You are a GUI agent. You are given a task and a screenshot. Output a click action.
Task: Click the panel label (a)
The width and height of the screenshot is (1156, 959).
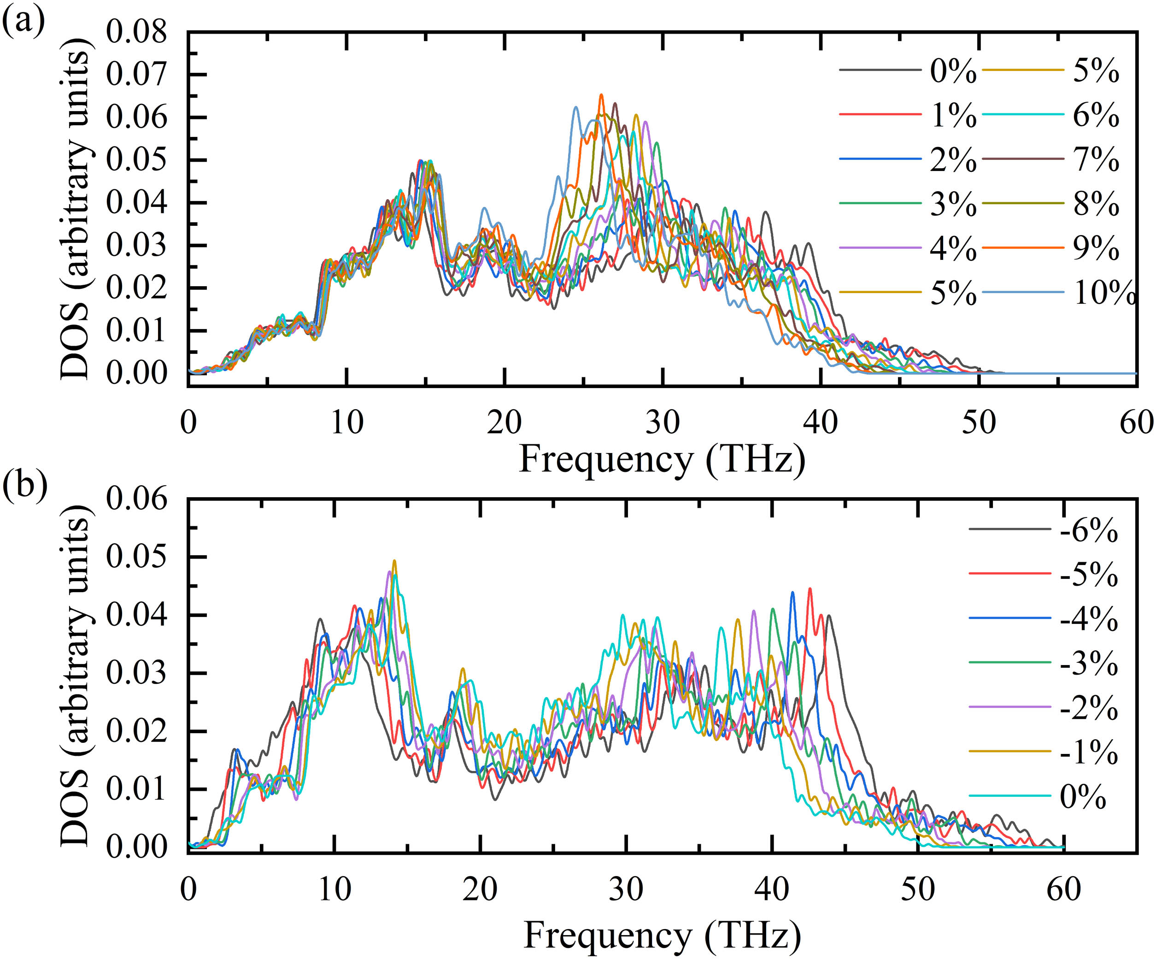[23, 23]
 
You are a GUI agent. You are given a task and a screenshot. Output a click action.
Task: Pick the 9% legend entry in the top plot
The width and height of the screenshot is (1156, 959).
[1096, 248]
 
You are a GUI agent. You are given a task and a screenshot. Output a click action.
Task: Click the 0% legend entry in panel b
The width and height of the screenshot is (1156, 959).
[1082, 797]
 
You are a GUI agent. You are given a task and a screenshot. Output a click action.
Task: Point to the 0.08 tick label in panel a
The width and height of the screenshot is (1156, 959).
[136, 32]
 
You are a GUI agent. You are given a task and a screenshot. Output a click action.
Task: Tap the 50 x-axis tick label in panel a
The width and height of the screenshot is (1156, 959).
[979, 423]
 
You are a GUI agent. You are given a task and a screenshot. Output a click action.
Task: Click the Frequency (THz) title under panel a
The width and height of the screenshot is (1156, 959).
[662, 459]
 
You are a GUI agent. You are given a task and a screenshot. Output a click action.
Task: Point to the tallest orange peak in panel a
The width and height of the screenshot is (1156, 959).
[601, 95]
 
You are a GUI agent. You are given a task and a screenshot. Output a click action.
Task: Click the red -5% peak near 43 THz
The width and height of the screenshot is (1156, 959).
[810, 589]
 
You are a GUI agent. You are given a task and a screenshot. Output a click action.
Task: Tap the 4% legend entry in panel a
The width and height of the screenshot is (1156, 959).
[953, 248]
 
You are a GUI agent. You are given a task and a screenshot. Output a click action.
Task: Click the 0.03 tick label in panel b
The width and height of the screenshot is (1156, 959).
[136, 673]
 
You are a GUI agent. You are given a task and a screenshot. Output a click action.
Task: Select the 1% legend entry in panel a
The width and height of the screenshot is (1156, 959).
[953, 115]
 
